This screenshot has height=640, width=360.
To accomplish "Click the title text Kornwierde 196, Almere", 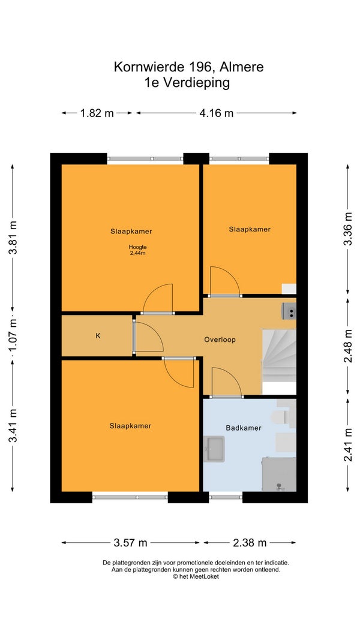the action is click(188, 67).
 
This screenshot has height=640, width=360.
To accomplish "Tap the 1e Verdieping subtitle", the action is click(187, 82).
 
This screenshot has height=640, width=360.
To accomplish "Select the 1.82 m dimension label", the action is click(97, 113).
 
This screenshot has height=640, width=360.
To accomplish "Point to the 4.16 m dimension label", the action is click(217, 113).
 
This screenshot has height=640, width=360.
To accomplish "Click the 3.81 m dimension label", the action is click(13, 238).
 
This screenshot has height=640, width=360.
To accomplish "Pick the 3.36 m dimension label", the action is click(347, 229).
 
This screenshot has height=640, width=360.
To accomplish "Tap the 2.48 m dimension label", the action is click(347, 345).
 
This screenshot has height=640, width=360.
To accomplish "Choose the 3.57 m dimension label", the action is click(130, 542).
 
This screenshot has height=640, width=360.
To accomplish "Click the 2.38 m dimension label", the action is click(249, 542).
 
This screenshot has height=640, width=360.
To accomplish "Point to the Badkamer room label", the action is click(243, 428).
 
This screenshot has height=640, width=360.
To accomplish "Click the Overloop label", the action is click(220, 339).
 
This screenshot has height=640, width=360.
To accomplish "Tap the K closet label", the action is click(98, 336).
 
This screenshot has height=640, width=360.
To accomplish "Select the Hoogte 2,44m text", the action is click(137, 250).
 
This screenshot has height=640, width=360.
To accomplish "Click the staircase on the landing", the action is click(279, 362).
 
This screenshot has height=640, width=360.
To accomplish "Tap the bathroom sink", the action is click(214, 449).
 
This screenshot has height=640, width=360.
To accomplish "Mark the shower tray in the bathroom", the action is click(279, 474).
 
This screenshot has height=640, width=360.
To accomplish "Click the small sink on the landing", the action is click(289, 311).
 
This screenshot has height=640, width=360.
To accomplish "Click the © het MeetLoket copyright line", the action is click(196, 576).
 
